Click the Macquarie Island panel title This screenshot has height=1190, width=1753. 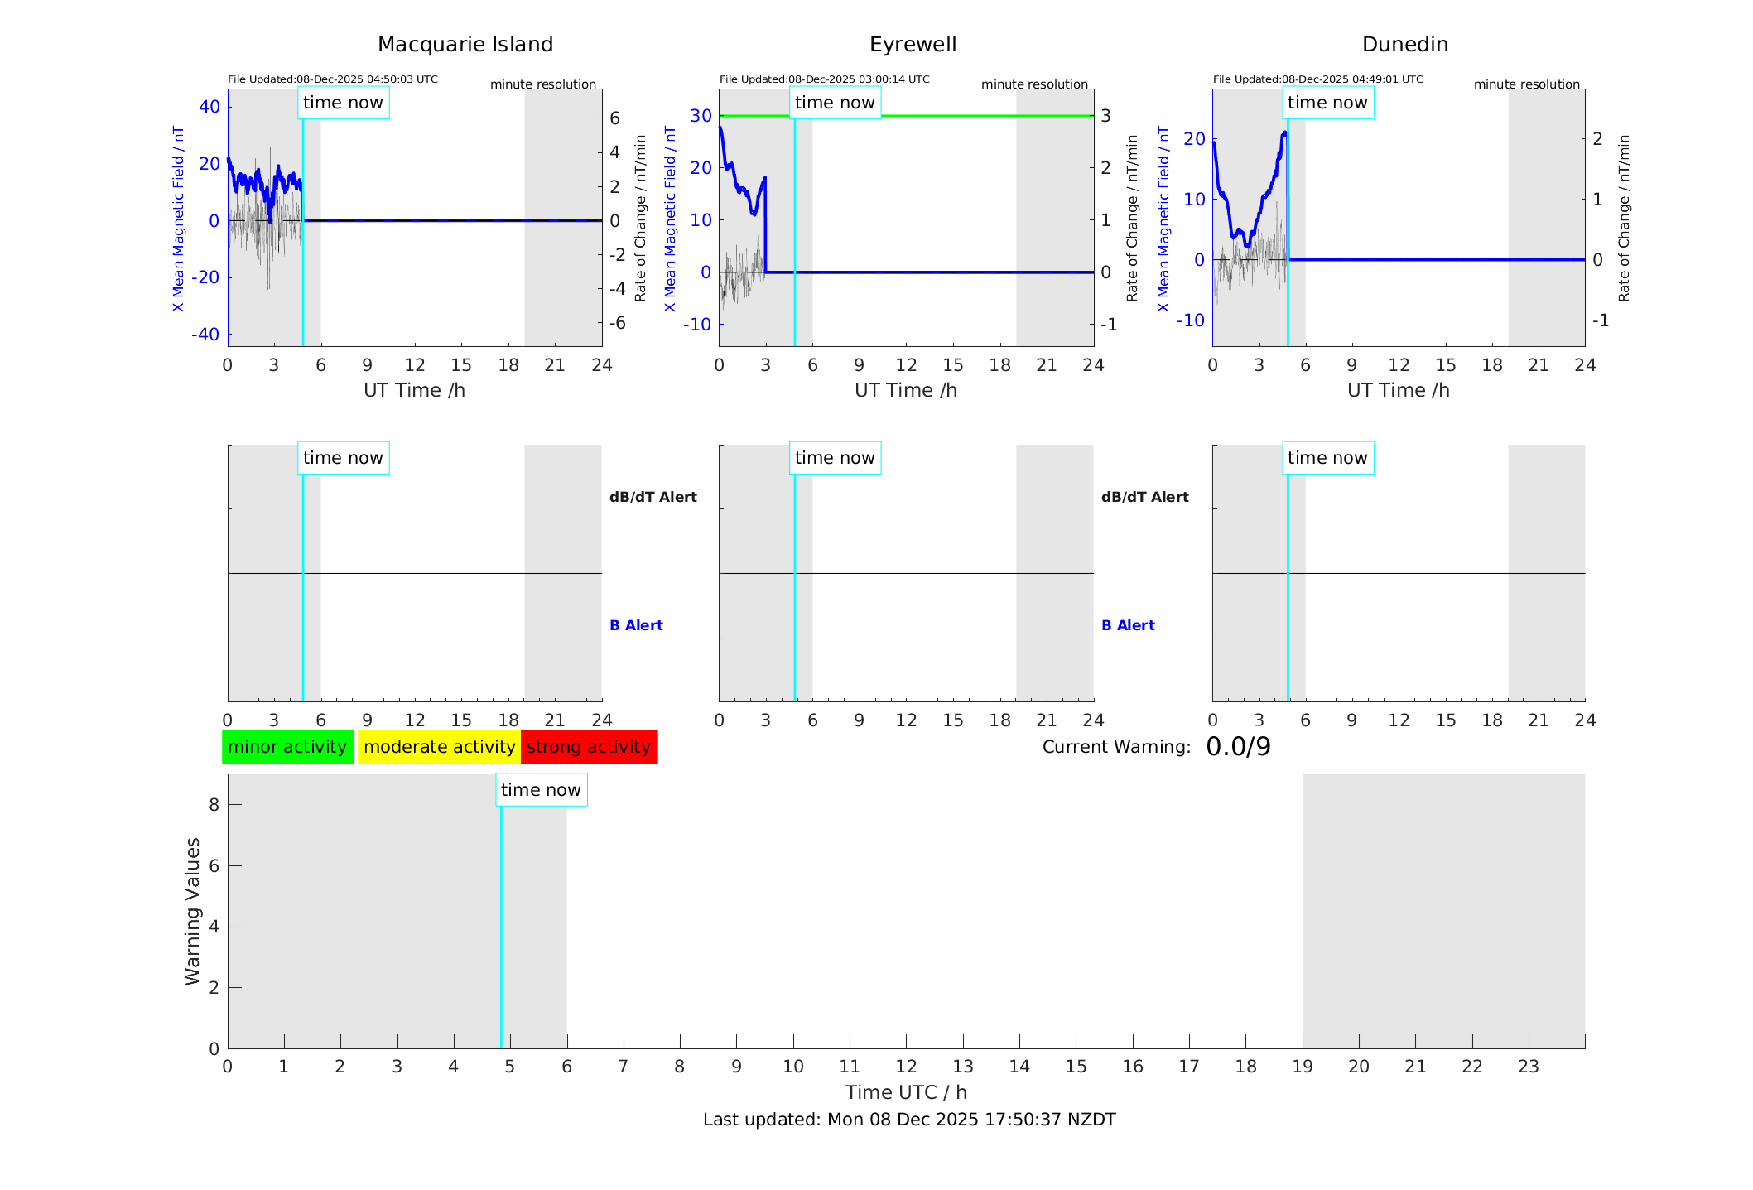coord(465,45)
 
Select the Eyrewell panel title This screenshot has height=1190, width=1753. coord(913,45)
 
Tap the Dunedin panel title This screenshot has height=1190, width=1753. coord(1404,45)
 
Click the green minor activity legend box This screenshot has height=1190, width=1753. coord(287,747)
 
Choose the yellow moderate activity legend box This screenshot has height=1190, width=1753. coord(439,747)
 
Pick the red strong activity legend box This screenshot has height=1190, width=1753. coord(589,747)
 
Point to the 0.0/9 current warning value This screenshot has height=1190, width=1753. coord(1238,747)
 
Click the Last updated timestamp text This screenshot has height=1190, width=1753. coord(909,1120)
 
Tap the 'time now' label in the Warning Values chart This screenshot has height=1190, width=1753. coord(541,790)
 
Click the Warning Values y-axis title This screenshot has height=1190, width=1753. coord(192,911)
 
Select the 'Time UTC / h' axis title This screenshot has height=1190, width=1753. coord(906,1092)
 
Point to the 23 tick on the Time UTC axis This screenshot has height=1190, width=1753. coord(1528,1067)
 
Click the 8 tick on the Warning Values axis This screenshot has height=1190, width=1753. coord(214,804)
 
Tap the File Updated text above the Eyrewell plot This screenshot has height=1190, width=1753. coord(824,79)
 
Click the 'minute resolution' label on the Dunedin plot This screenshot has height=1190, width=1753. coord(1526,84)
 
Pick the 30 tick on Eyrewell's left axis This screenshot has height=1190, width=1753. coord(701,116)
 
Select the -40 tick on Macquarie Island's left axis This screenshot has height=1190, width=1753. coord(205,335)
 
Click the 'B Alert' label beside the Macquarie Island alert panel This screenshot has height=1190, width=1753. coord(636,625)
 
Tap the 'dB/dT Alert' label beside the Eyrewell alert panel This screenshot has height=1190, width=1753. coord(1144,497)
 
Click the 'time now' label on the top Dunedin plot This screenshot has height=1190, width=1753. coord(1327,103)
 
